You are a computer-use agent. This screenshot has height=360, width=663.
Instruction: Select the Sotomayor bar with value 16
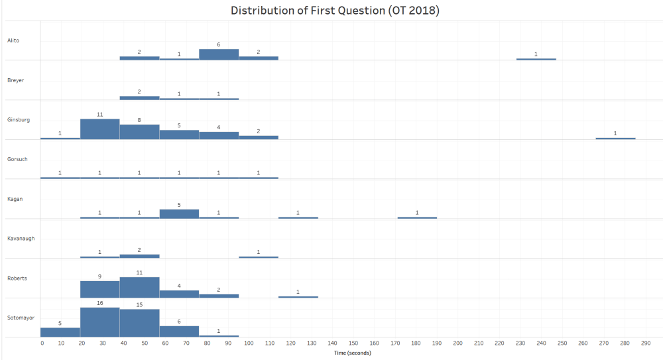tap(99, 322)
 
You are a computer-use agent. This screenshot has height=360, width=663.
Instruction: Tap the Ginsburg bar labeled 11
tap(99, 129)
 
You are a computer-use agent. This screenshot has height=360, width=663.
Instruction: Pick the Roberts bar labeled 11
tap(139, 287)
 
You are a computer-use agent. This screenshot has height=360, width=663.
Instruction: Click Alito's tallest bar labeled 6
tap(219, 54)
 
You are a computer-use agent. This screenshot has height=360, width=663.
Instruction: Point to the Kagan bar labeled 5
tap(179, 213)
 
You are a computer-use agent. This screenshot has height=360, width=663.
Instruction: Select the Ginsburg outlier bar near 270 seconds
tap(615, 139)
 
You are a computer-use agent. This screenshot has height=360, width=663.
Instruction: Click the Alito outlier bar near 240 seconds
tap(536, 59)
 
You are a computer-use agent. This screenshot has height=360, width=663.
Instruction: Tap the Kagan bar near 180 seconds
tap(417, 217)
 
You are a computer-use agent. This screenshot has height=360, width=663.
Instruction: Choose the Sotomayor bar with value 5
tap(60, 332)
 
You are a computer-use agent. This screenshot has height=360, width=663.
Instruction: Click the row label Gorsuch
tap(17, 159)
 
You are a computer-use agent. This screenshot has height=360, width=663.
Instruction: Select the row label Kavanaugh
tap(20, 238)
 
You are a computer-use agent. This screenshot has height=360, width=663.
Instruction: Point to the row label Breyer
tap(15, 80)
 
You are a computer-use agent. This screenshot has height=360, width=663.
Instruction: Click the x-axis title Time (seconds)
tap(351, 353)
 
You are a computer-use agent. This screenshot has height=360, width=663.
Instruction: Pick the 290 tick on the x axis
tap(646, 343)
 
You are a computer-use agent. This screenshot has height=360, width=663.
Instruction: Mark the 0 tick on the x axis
tap(42, 343)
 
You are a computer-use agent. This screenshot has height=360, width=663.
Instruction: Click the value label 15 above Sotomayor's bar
tap(139, 304)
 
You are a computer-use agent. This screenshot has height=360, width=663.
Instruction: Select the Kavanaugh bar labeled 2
tap(139, 256)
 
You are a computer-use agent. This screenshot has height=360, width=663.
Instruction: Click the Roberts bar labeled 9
tap(99, 289)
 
